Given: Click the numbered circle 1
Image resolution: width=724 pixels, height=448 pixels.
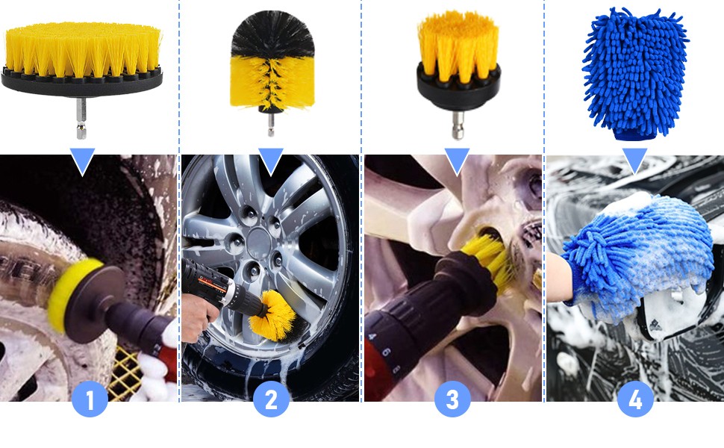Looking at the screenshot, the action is tap(90, 399).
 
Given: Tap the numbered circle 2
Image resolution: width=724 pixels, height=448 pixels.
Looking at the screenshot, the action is tap(271, 399).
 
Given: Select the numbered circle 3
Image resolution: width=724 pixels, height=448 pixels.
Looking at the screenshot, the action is tap(452, 399).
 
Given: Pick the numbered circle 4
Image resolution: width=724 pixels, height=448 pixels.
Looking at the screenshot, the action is tap(635, 399).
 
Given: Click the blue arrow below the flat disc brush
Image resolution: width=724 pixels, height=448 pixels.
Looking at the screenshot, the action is tap(83, 161).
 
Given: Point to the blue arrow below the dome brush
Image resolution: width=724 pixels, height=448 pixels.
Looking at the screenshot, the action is tap(271, 161).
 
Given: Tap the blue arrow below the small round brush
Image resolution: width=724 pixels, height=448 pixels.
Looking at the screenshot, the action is tap(457, 161).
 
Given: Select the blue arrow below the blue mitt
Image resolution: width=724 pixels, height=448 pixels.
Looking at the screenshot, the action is tap(635, 161).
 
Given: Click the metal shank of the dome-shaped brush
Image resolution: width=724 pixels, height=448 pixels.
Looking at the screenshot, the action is tap(271, 125).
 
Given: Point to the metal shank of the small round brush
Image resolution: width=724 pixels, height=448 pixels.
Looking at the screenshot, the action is tap(458, 125).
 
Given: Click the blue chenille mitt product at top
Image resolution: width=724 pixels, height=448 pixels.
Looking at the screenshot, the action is tap(636, 74).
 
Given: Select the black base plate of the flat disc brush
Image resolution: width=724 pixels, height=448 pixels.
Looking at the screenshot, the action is tap(81, 83).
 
